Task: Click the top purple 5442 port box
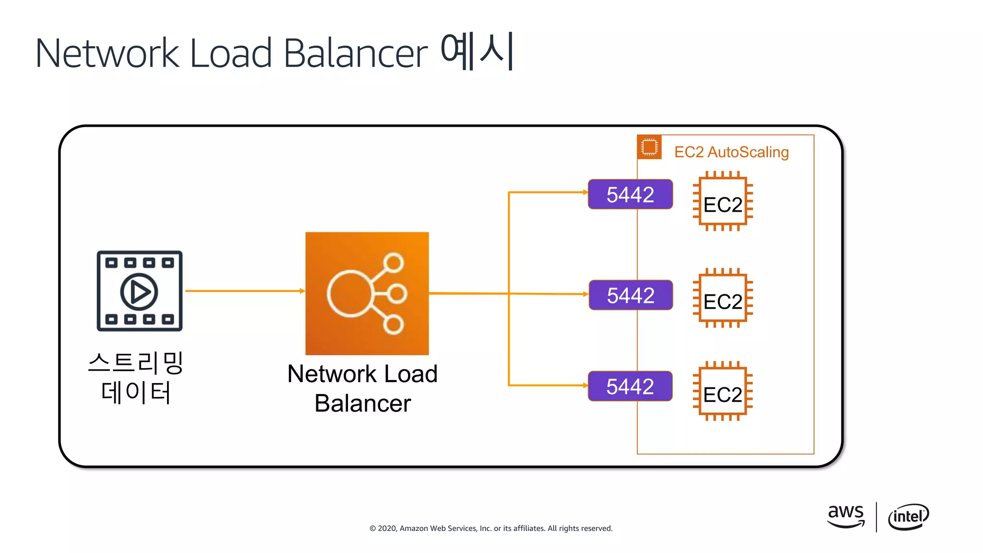[630, 194]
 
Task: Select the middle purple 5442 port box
[631, 295]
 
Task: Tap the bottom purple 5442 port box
[630, 386]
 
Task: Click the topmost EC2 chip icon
[723, 201]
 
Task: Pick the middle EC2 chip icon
[723, 298]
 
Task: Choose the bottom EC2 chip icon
[723, 391]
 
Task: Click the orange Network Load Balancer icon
[367, 293]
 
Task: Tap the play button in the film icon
[139, 291]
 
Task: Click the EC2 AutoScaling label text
[731, 152]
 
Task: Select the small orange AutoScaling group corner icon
[649, 147]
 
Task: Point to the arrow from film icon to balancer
[245, 291]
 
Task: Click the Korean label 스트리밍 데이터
[136, 378]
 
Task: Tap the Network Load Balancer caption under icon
[363, 388]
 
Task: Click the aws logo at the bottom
[846, 516]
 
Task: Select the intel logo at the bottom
[908, 517]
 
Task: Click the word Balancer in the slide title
[355, 53]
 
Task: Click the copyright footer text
[491, 528]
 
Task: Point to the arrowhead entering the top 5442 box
[585, 192]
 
